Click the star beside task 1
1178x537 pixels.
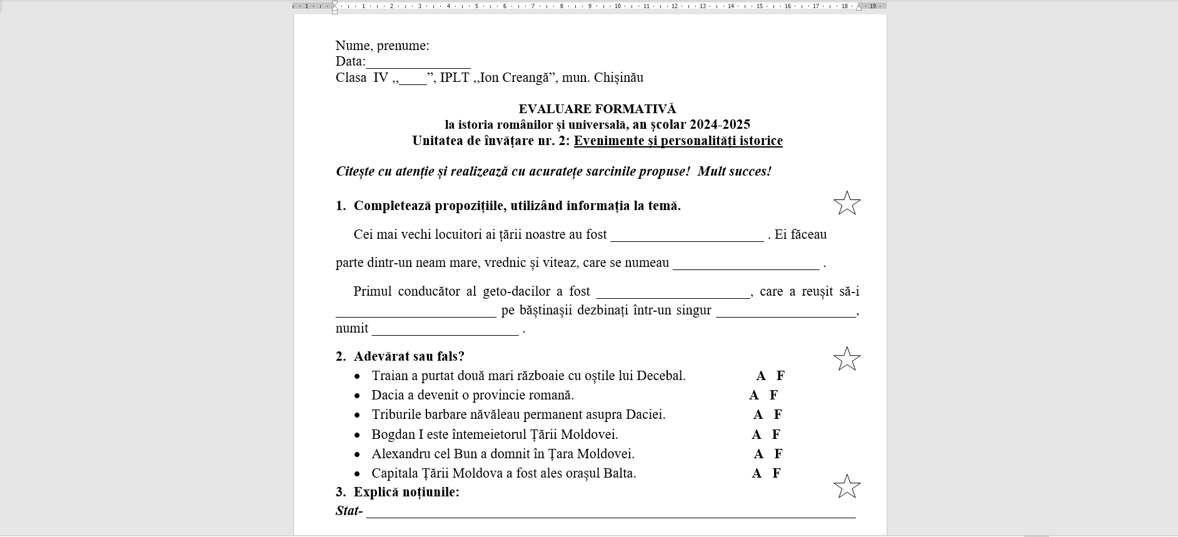(x=847, y=203)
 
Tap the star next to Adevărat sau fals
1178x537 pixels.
(x=847, y=359)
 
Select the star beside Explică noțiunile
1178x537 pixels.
(x=847, y=486)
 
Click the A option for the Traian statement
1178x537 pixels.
(x=760, y=376)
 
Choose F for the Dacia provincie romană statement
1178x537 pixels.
(x=773, y=395)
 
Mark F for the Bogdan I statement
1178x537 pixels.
(x=776, y=434)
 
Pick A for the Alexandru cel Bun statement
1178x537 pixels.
(x=758, y=454)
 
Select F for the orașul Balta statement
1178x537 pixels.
(x=777, y=473)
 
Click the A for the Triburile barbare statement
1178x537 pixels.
(x=758, y=414)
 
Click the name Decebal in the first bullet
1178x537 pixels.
(x=660, y=376)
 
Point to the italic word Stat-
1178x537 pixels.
(x=349, y=511)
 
